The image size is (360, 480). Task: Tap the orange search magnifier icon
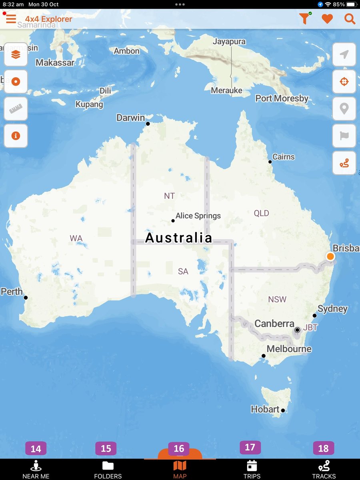(x=350, y=19)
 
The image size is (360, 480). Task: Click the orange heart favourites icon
(x=327, y=19)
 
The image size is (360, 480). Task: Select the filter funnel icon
(x=304, y=18)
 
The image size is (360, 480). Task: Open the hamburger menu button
(x=11, y=18)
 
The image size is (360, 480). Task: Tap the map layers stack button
(x=16, y=55)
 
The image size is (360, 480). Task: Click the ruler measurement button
(x=16, y=108)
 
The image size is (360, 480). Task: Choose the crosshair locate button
(x=344, y=82)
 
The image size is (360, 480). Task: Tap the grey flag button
(x=344, y=136)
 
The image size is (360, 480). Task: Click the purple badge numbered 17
(x=250, y=447)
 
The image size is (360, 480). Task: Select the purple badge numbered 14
(x=36, y=449)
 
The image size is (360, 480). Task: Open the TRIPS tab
(x=252, y=469)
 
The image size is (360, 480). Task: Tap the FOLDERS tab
(x=108, y=469)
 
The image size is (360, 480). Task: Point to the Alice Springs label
(x=198, y=216)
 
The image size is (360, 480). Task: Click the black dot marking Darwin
(x=148, y=124)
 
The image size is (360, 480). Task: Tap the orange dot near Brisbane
(x=330, y=256)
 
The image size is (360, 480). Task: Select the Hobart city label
(x=265, y=409)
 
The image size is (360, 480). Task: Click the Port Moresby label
(x=282, y=98)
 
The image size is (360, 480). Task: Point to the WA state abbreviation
(x=76, y=239)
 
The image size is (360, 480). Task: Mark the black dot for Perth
(x=26, y=298)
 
